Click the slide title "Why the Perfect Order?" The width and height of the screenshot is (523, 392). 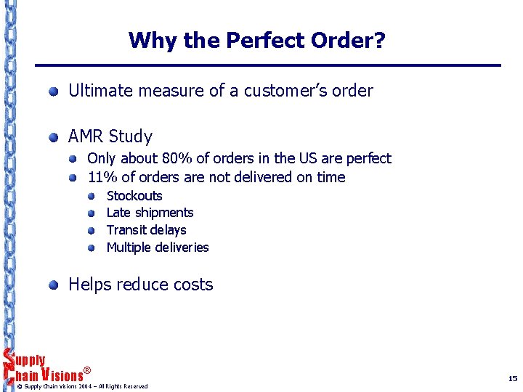(x=256, y=40)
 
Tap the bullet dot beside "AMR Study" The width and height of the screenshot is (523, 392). (x=54, y=137)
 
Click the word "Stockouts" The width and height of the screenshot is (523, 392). (x=134, y=196)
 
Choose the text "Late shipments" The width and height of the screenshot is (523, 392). (x=150, y=213)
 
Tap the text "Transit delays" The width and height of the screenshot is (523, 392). (x=146, y=230)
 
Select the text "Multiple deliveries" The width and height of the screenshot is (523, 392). (x=157, y=248)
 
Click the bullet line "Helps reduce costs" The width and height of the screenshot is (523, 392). (x=140, y=285)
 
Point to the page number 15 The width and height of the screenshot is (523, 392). (x=513, y=379)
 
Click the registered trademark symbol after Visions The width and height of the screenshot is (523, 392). (x=87, y=371)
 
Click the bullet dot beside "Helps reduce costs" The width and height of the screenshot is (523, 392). (x=54, y=285)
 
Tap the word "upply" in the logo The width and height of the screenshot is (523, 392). (x=30, y=361)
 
